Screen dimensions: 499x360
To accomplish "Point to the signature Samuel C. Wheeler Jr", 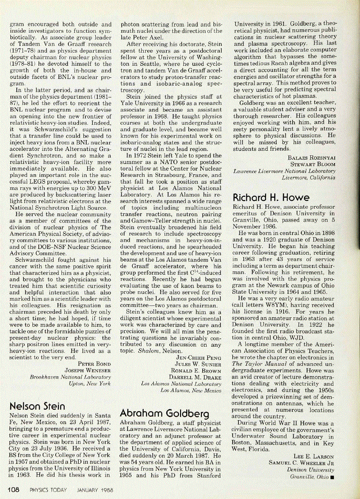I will tap(302, 462).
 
